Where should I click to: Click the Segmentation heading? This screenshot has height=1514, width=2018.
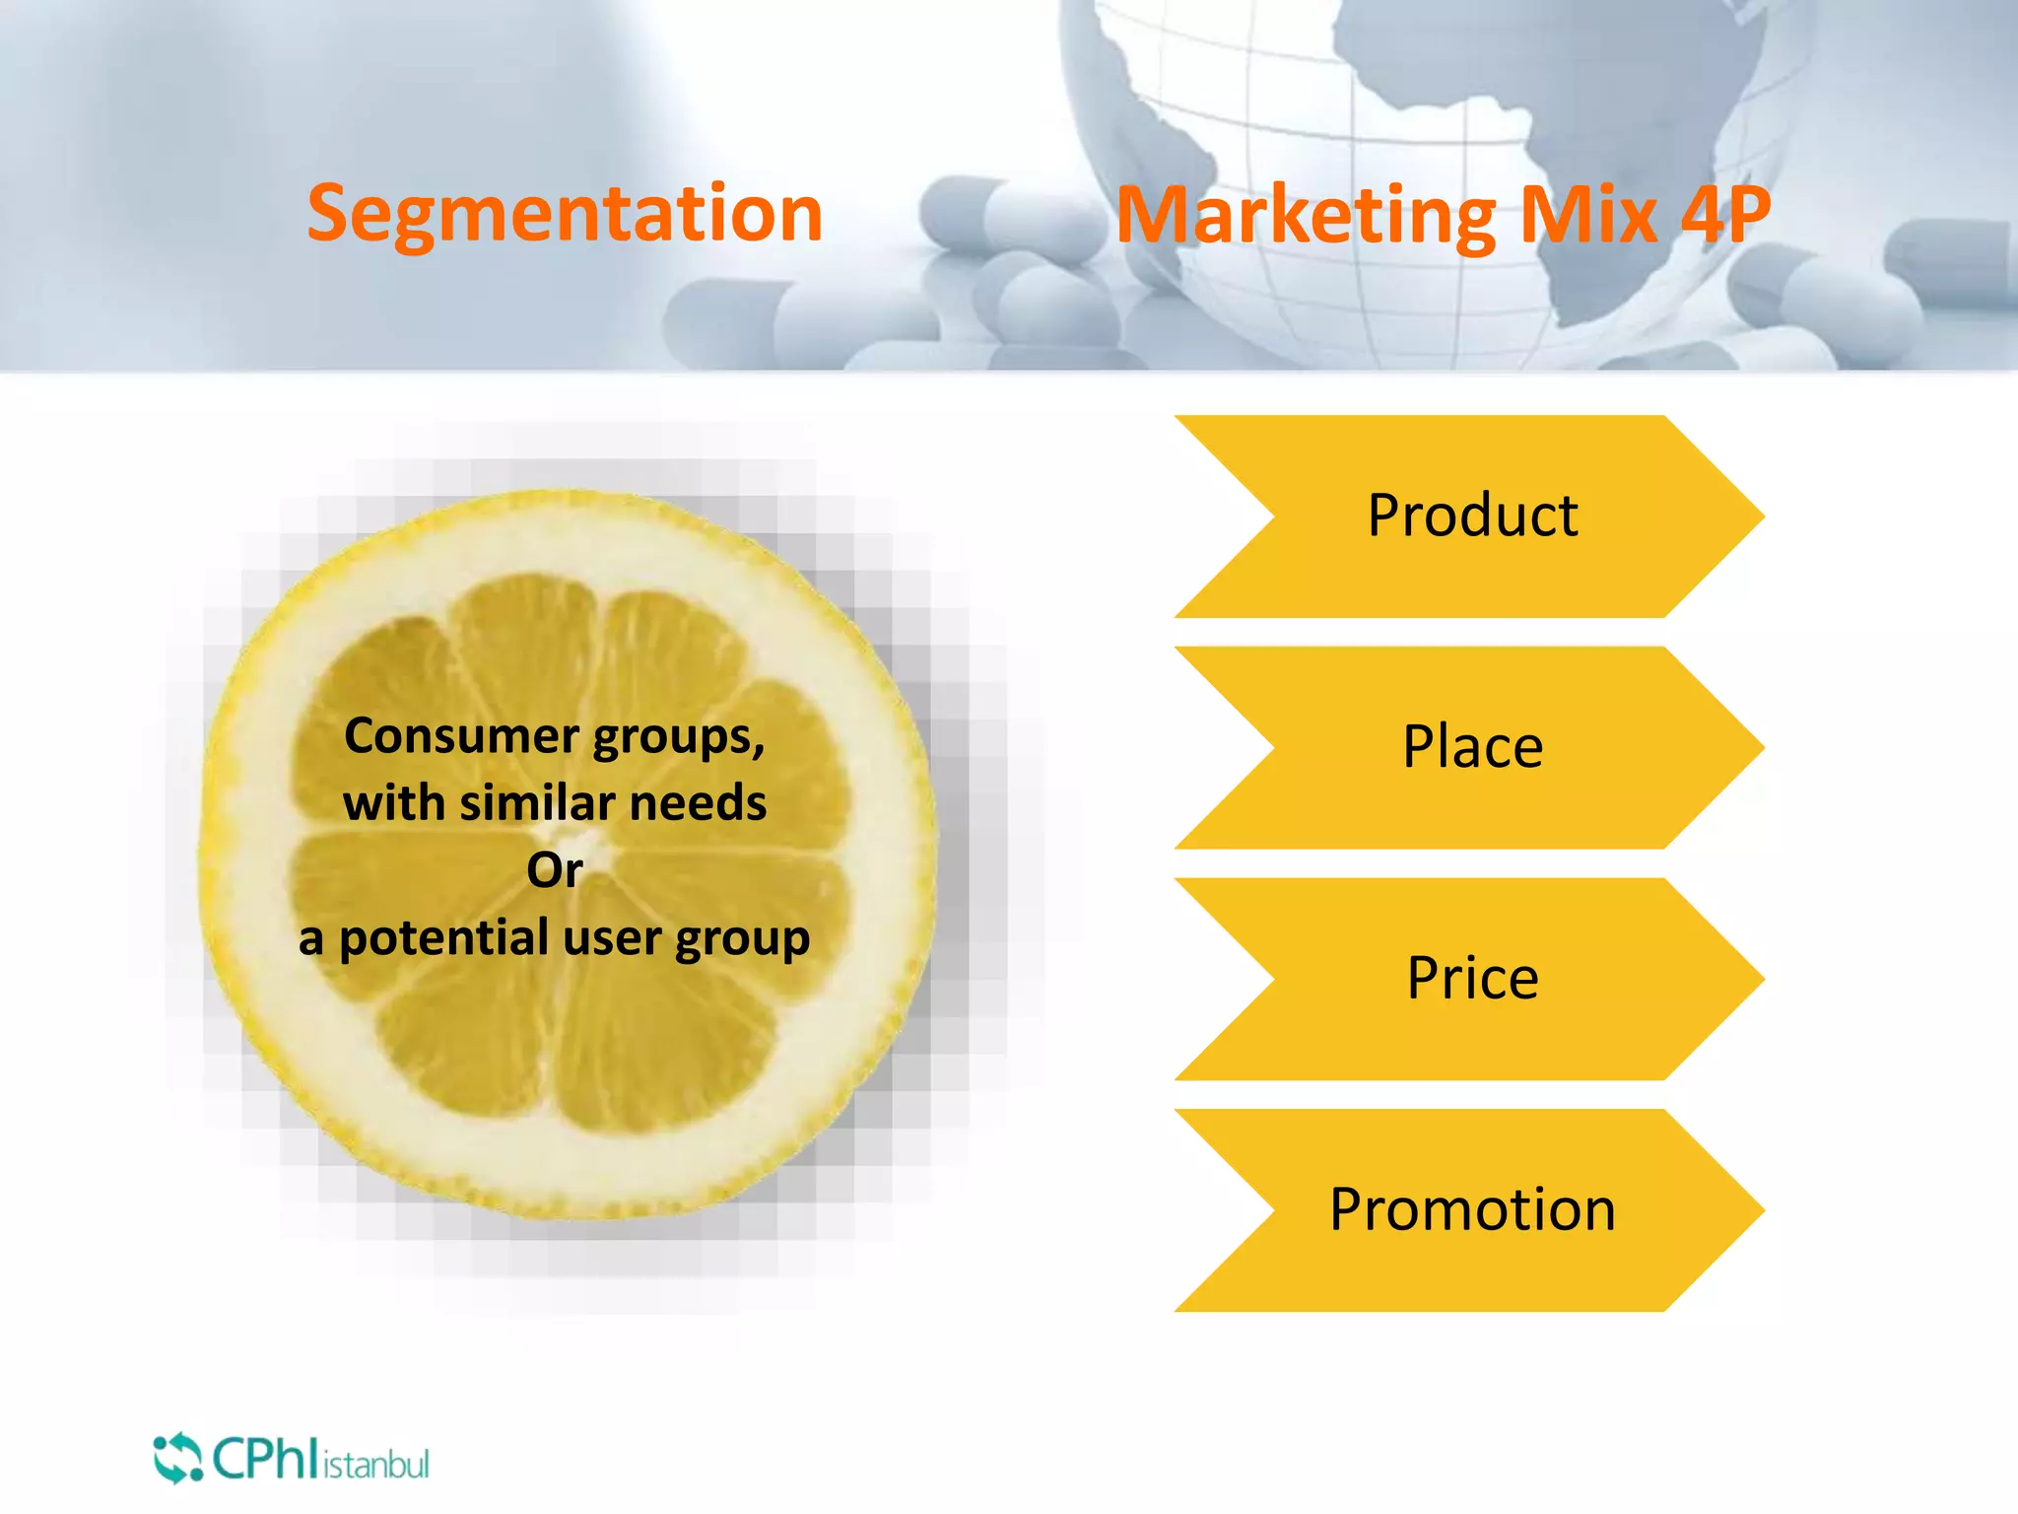tap(565, 214)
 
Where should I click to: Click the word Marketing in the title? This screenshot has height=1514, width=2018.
tap(1305, 216)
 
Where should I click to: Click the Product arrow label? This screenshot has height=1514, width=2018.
tap(1472, 516)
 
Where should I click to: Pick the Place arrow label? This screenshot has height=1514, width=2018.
tap(1472, 747)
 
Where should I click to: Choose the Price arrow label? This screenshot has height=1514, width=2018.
tap(1472, 979)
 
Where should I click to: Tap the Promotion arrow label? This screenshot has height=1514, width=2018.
tap(1472, 1209)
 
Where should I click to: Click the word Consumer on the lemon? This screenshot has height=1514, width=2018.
tap(461, 736)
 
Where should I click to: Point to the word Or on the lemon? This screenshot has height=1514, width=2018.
tap(555, 870)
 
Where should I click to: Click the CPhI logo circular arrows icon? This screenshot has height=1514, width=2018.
tap(177, 1458)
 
